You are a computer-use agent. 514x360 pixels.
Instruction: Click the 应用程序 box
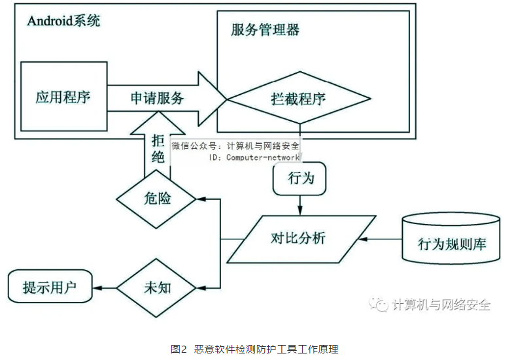[63, 98]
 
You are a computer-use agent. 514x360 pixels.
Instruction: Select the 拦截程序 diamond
[298, 99]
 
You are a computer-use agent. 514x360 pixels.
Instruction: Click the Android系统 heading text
[63, 20]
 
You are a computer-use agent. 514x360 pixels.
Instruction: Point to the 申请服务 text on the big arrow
[157, 99]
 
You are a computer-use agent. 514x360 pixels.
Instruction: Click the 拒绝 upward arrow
[157, 146]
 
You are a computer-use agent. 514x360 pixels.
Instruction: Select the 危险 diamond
[157, 198]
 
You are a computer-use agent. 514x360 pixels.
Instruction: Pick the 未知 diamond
[156, 287]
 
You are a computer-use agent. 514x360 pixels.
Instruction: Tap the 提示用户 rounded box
[50, 287]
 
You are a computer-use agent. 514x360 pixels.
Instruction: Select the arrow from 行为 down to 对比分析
[301, 204]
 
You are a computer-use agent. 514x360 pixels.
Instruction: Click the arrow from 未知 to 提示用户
[105, 287]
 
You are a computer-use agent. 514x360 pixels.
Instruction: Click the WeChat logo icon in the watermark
[379, 305]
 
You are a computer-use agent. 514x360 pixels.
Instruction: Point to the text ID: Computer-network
[254, 157]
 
